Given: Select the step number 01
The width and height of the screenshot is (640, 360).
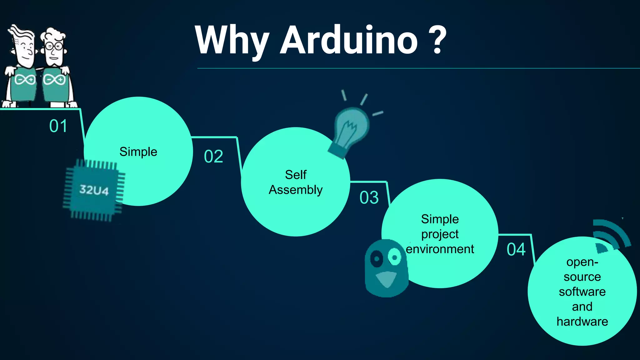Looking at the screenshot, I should (58, 126).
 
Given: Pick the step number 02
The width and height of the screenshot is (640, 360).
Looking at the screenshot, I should (213, 156).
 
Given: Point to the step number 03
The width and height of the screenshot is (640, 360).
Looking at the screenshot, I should (369, 197).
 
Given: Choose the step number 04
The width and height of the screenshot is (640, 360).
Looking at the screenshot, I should (516, 249).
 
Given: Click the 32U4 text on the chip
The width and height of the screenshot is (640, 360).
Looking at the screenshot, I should (94, 190).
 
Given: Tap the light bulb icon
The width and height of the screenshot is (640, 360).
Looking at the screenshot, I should (350, 128).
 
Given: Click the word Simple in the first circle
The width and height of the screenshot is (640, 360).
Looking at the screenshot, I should (138, 152).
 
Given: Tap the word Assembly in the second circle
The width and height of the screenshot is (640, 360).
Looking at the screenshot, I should (296, 190).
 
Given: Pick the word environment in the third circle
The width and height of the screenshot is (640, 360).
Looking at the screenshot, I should (440, 249).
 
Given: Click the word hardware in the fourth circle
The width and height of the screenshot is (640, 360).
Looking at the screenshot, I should (582, 322).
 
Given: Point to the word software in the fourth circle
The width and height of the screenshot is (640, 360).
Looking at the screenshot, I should (582, 292).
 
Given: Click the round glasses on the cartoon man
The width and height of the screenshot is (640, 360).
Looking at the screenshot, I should (54, 47).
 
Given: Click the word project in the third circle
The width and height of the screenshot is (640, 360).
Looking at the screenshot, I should (440, 234).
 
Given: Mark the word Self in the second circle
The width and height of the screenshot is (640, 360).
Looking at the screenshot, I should (296, 175).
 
